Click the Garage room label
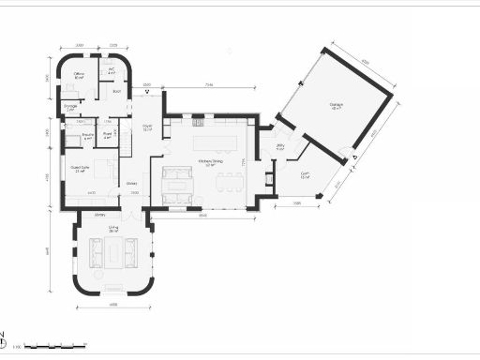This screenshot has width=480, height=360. click(335, 106)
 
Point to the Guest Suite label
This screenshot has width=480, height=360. click(80, 170)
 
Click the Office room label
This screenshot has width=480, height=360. click(80, 74)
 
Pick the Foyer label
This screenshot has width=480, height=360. click(147, 128)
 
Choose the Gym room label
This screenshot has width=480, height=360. click(306, 175)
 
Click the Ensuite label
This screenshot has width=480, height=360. click(86, 137)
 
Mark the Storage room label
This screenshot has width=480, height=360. click(70, 107)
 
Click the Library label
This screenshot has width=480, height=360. click(99, 215)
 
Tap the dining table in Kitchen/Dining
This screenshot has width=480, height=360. click(223, 182)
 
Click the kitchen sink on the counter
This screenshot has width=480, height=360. click(198, 122)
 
